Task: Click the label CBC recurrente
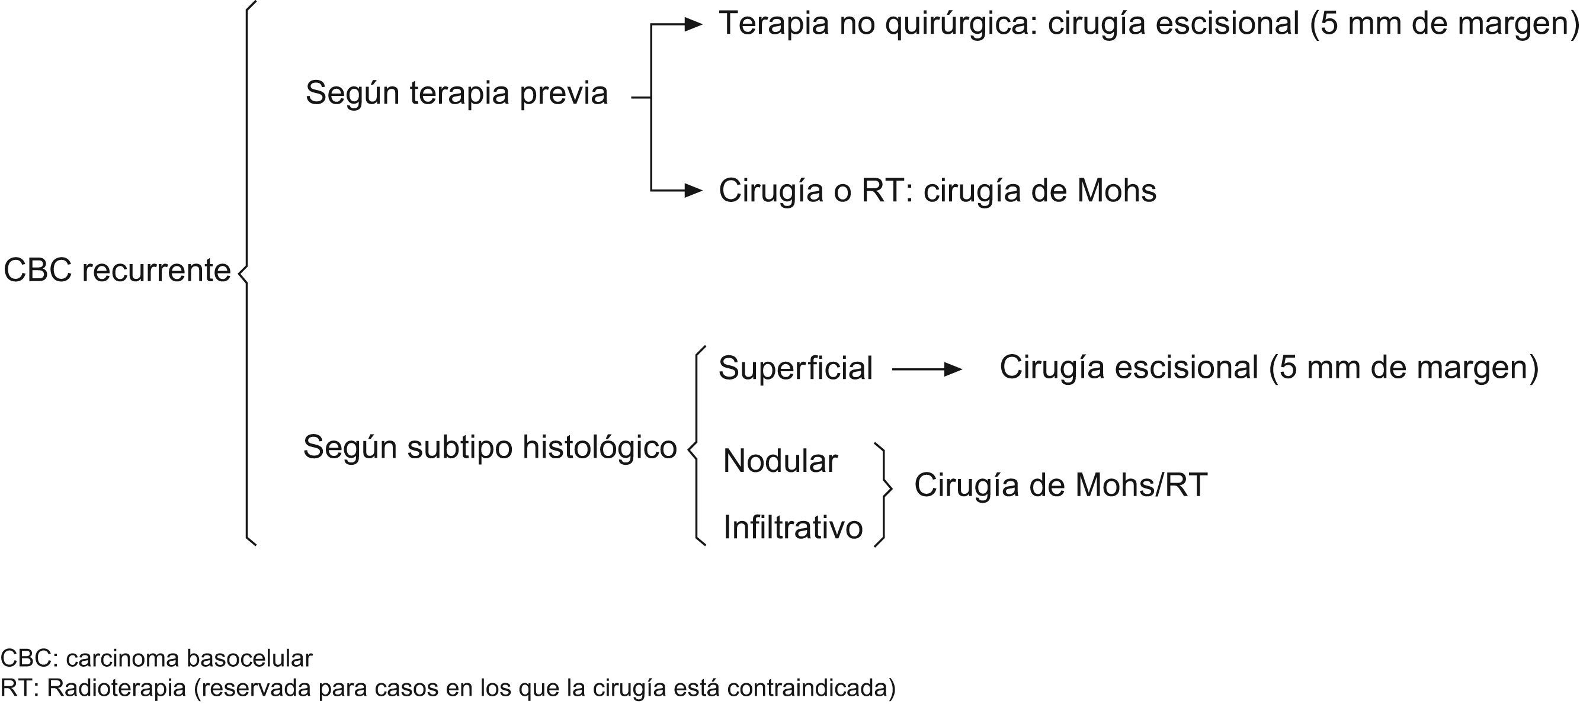117,271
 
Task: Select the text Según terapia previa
456,94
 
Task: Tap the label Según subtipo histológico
489,447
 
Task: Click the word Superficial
795,368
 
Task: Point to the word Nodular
780,461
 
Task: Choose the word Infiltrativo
793,527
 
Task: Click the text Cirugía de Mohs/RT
1060,485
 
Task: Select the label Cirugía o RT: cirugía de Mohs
937,191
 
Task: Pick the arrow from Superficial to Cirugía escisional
926,369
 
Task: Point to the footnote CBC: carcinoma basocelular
156,658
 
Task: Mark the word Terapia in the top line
774,24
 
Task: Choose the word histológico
600,447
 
